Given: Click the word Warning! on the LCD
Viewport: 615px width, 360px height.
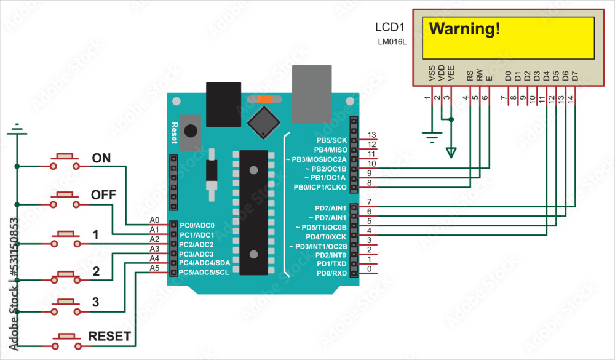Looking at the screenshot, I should tap(464, 28).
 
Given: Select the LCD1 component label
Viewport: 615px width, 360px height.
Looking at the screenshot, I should tap(390, 28).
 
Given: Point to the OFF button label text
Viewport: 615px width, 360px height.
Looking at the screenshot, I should tap(104, 195).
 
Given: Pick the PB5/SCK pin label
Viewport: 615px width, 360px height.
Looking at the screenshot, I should tap(331, 140).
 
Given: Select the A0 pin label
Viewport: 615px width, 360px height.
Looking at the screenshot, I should tap(154, 220).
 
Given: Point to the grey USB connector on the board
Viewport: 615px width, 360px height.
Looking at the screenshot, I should tap(311, 94).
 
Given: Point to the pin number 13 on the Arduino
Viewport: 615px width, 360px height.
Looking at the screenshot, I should tap(371, 135).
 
